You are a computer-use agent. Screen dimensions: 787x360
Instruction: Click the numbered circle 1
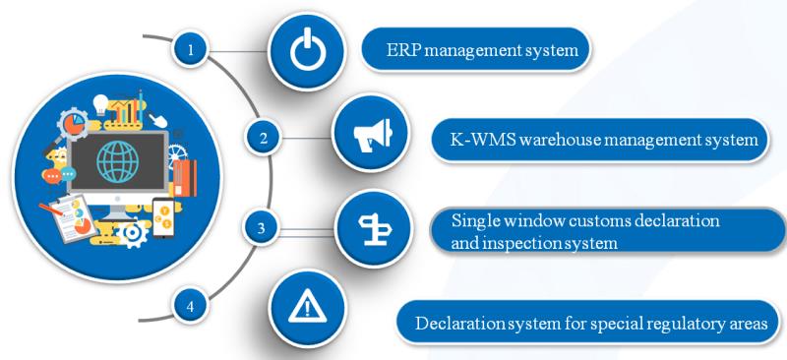[190, 49]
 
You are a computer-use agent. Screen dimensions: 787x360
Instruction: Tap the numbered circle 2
[264, 138]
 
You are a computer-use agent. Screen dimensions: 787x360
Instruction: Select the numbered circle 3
[261, 228]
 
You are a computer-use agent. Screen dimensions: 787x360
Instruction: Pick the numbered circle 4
[190, 306]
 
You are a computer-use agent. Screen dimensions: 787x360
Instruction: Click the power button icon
[307, 50]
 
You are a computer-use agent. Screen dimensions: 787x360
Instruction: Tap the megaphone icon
[372, 134]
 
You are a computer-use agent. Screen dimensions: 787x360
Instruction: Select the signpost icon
[374, 229]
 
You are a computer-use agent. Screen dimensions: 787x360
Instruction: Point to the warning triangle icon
[307, 307]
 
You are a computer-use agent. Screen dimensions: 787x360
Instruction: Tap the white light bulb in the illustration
[101, 104]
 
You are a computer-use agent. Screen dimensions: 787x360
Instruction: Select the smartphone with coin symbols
[163, 217]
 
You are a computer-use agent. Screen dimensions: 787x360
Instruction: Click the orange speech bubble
[52, 176]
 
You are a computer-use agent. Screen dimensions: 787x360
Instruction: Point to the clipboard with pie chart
[74, 218]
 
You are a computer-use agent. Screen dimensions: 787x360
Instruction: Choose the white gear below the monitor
[133, 234]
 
